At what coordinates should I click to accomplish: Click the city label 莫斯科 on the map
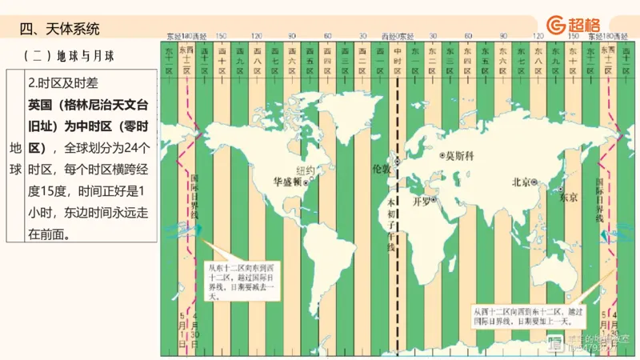coord(460,155)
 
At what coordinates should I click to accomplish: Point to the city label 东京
coord(568,197)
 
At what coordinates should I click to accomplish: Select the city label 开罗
coord(422,201)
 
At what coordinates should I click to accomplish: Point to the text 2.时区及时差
coord(63,82)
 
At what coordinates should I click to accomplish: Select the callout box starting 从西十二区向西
coord(523,316)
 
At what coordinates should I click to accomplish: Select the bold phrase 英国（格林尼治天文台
coord(88,104)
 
